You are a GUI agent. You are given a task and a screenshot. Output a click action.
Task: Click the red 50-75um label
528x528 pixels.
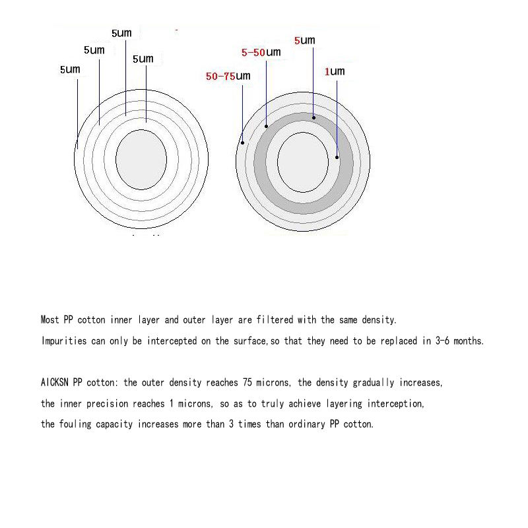point(228,77)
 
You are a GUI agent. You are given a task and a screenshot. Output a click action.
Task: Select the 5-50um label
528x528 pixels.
point(261,51)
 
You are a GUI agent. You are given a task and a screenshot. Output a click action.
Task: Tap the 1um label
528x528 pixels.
point(334,71)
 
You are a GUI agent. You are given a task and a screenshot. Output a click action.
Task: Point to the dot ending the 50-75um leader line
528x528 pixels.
point(243,142)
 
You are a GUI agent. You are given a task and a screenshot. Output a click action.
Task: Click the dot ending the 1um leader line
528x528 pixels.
point(337,157)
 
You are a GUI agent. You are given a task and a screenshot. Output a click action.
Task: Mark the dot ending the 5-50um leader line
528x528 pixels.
point(266,125)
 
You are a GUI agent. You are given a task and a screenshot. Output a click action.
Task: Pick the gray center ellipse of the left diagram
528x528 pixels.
point(141,159)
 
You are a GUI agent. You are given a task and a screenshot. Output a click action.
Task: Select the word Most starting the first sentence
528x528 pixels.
point(50,320)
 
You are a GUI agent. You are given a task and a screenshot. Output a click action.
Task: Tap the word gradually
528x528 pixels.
point(376,383)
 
